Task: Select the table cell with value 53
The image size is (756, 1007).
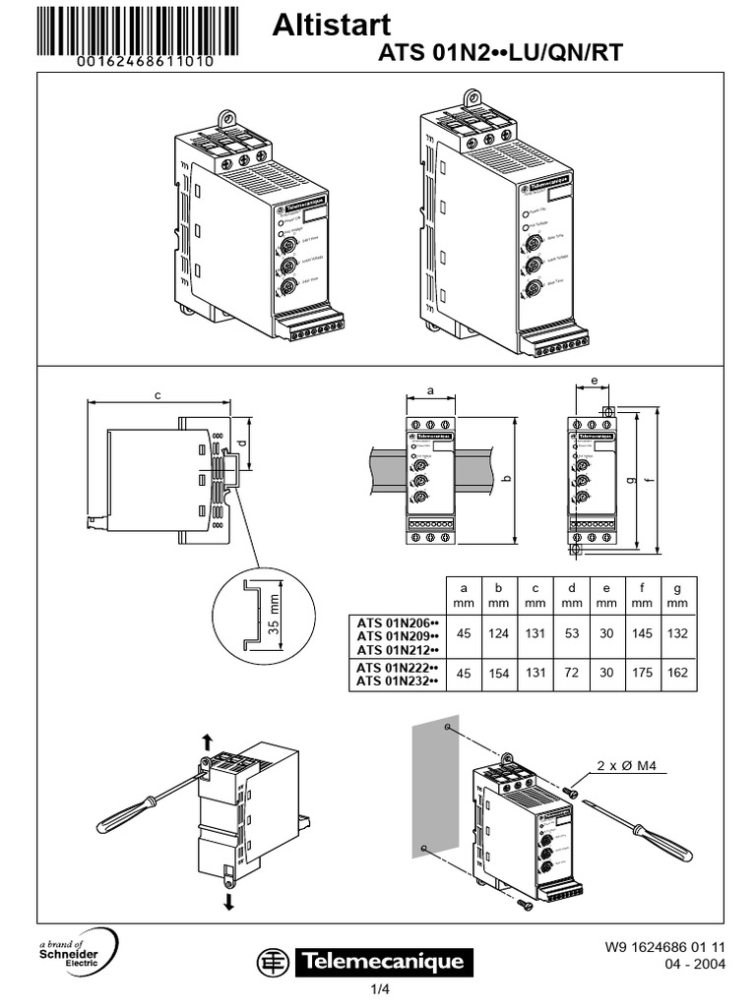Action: point(571,633)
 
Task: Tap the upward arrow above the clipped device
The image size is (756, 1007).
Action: point(206,739)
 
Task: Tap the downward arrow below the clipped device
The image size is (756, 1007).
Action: point(229,901)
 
